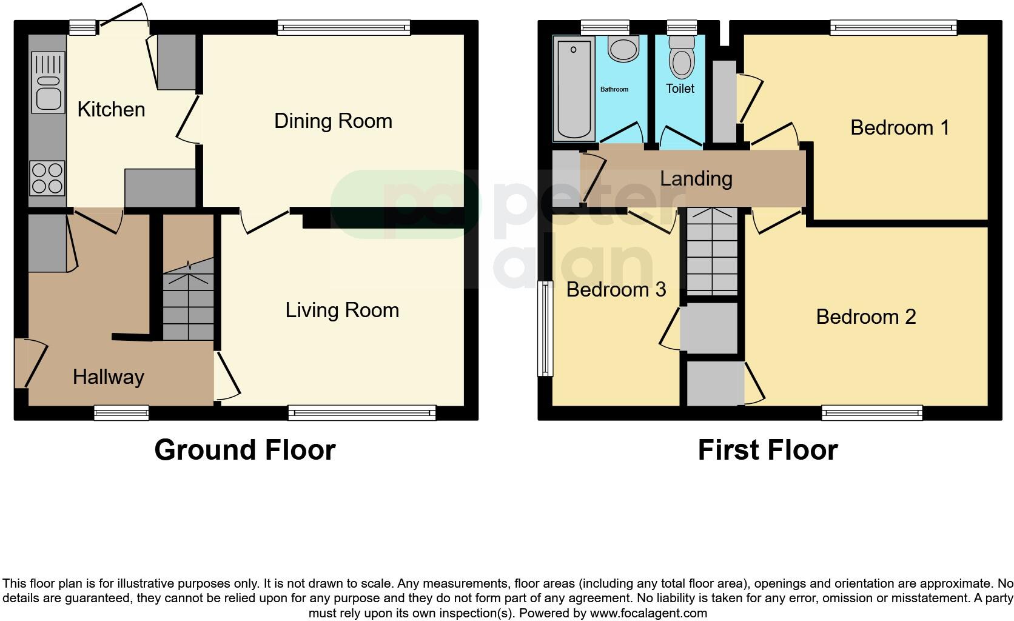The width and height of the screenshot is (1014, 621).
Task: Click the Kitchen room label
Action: click(x=112, y=110)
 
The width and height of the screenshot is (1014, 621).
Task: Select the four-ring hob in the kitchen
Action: click(x=47, y=178)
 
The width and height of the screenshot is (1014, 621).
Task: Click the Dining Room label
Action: click(x=333, y=121)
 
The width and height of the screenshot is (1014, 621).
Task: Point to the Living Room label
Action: click(x=342, y=310)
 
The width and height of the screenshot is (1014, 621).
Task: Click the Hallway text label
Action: click(x=108, y=377)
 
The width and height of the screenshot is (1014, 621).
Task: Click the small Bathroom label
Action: click(x=614, y=90)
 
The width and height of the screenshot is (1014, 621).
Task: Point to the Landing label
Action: click(x=696, y=179)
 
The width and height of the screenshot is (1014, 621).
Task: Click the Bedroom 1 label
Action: click(x=899, y=128)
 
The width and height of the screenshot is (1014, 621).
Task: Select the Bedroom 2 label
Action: click(x=865, y=317)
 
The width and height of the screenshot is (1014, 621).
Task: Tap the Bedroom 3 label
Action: click(x=616, y=290)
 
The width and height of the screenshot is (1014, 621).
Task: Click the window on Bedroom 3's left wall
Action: click(x=546, y=328)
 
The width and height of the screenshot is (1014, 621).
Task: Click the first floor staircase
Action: click(x=712, y=252)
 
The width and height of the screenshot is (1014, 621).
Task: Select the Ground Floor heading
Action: click(x=245, y=450)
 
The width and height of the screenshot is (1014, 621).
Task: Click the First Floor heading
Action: click(x=768, y=450)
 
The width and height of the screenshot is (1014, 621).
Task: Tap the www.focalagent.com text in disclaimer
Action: click(x=648, y=613)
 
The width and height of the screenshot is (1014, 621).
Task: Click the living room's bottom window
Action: click(x=361, y=414)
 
